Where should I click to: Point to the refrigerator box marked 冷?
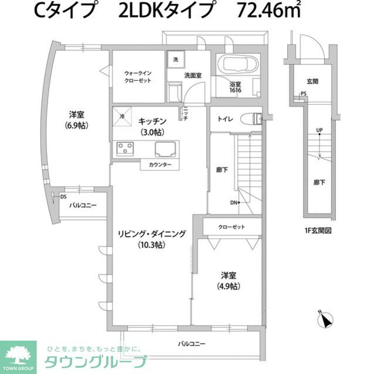pyautogui.click(x=122, y=115)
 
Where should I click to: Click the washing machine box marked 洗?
pyautogui.click(x=174, y=60)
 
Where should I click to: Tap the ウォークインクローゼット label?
pyautogui.click(x=138, y=77)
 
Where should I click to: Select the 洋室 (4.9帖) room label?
pyautogui.click(x=229, y=280)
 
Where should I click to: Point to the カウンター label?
pyautogui.click(x=160, y=165)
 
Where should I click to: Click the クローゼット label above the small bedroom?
pyautogui.click(x=231, y=227)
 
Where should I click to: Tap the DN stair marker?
pyautogui.click(x=234, y=203)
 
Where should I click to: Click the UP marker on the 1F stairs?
pyautogui.click(x=319, y=130)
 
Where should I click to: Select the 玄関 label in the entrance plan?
pyautogui.click(x=312, y=81)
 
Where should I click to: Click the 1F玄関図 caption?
pyautogui.click(x=318, y=231)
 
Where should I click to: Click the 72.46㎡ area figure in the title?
pyautogui.click(x=268, y=12)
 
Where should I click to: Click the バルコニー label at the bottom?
pyautogui.click(x=192, y=344)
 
